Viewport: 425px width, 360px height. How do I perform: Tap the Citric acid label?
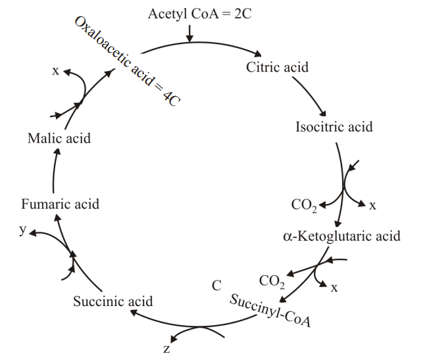pyautogui.click(x=277, y=67)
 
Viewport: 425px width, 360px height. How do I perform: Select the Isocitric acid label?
pyautogui.click(x=334, y=127)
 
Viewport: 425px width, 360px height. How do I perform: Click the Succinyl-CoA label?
pyautogui.click(x=270, y=311)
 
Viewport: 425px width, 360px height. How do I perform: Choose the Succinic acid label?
pyautogui.click(x=113, y=301)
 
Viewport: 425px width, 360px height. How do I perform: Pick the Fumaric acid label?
pyautogui.click(x=60, y=204)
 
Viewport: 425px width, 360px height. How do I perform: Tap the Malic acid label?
pyautogui.click(x=59, y=138)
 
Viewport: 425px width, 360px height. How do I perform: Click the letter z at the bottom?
pyautogui.click(x=166, y=348)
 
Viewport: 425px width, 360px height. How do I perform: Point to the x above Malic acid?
pyautogui.click(x=55, y=70)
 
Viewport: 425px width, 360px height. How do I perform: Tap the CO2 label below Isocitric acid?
pyautogui.click(x=304, y=206)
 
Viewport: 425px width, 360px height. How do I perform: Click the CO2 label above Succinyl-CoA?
pyautogui.click(x=272, y=282)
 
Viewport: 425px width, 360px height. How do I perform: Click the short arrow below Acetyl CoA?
pyautogui.click(x=189, y=33)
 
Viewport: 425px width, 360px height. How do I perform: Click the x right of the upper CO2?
pyautogui.click(x=372, y=205)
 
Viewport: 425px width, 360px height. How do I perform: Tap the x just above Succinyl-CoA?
pyautogui.click(x=334, y=287)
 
